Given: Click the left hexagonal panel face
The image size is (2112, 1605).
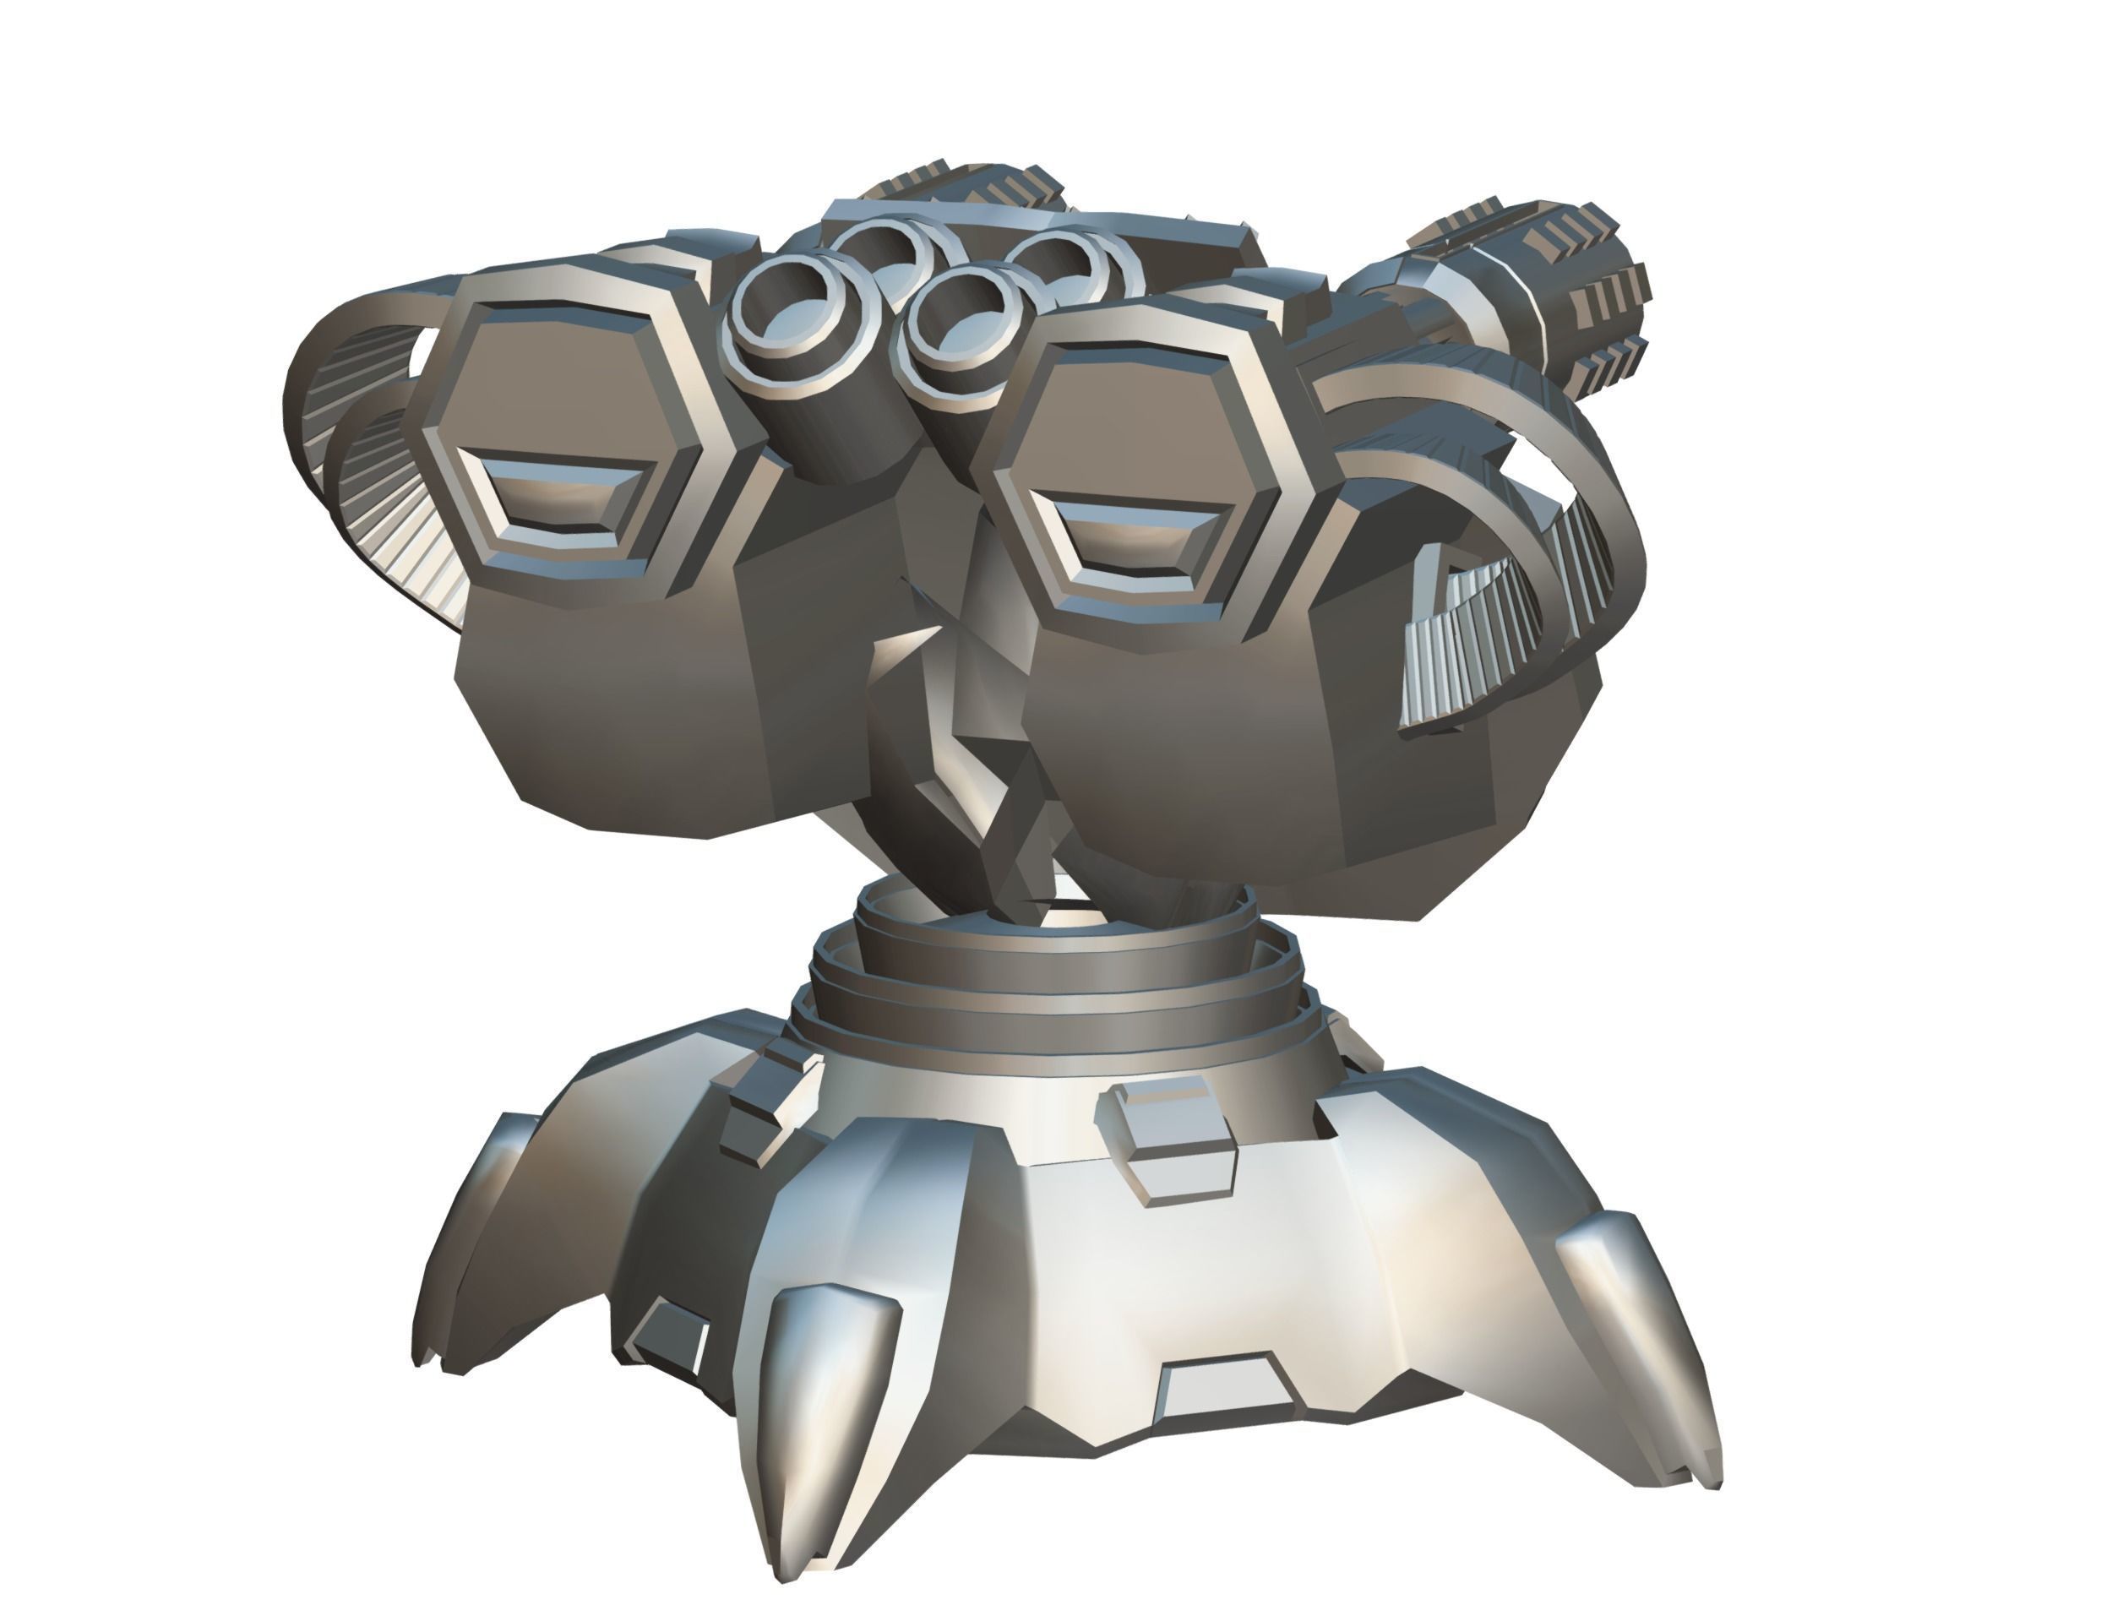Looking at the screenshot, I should [x=563, y=401].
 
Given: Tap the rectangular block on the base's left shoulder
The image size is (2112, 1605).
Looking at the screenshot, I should [x=765, y=1108].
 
